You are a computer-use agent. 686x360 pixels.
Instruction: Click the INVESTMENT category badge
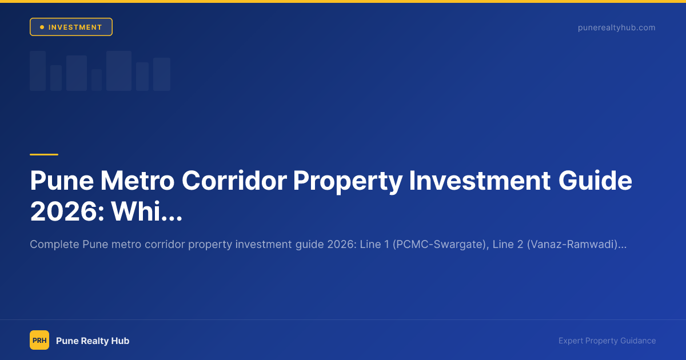[x=71, y=27]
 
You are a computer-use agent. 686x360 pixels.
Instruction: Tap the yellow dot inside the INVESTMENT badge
[x=42, y=27]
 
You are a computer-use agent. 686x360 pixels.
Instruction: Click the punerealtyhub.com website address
[x=616, y=27]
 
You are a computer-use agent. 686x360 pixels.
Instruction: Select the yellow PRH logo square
[x=39, y=340]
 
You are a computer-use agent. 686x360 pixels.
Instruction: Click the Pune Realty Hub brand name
[x=93, y=341]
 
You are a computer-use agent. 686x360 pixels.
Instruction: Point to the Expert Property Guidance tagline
[x=607, y=341]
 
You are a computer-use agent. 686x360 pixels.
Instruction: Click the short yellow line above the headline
[x=44, y=154]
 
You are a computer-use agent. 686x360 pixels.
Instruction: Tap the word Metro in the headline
[x=137, y=181]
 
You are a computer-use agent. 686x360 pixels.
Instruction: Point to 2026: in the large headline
[x=66, y=211]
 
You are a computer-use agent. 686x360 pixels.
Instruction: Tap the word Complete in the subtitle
[x=54, y=245]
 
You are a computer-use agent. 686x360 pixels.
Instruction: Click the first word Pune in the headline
[x=61, y=181]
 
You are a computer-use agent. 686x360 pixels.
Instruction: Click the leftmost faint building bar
[x=38, y=71]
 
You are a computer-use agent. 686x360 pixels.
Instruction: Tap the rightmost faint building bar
[x=162, y=74]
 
